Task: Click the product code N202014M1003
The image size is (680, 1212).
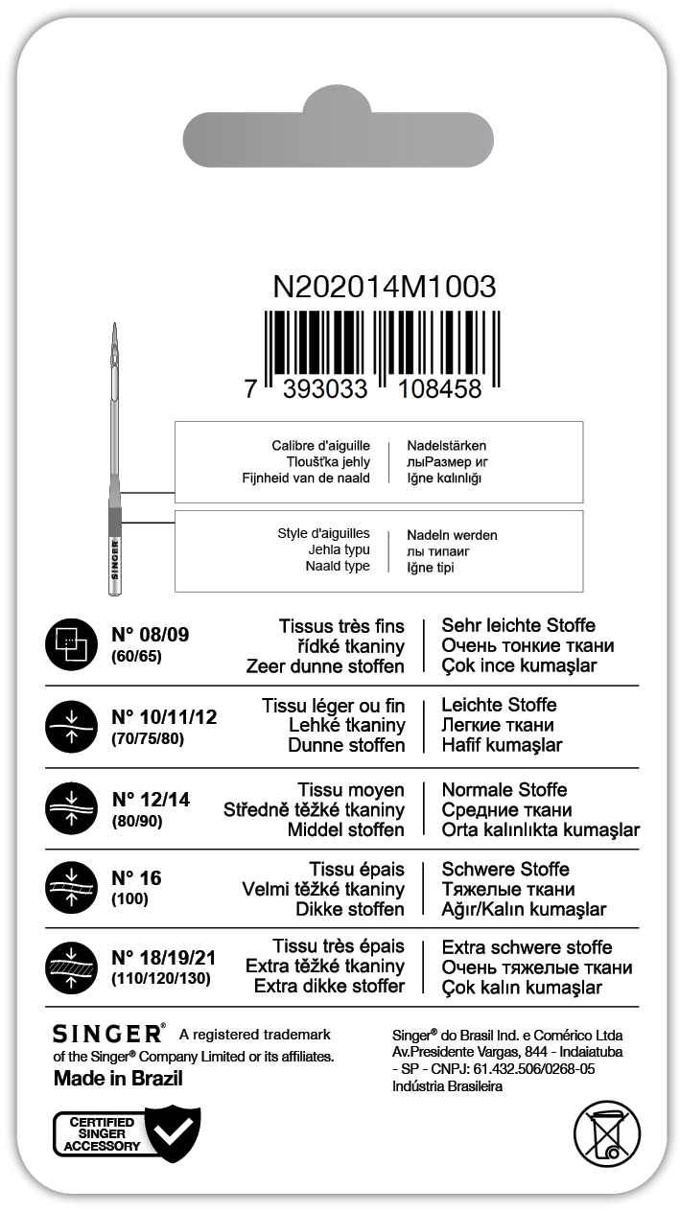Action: [385, 287]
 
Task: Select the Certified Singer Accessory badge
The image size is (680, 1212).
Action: [127, 1134]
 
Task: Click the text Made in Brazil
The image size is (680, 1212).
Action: [118, 1078]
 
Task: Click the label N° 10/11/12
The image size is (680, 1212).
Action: [164, 716]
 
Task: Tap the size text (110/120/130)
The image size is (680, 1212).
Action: [160, 979]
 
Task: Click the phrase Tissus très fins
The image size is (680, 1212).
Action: [341, 626]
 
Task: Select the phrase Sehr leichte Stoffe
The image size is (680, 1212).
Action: [518, 626]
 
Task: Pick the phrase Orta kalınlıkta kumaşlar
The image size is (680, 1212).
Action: [540, 829]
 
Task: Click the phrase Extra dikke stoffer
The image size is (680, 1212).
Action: [329, 986]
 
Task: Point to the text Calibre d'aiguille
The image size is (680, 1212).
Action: [320, 446]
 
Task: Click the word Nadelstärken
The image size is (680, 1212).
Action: [447, 446]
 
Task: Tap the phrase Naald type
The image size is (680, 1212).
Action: [339, 567]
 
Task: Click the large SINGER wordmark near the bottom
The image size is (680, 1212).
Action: [108, 1034]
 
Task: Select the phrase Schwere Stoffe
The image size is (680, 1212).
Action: [505, 869]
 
